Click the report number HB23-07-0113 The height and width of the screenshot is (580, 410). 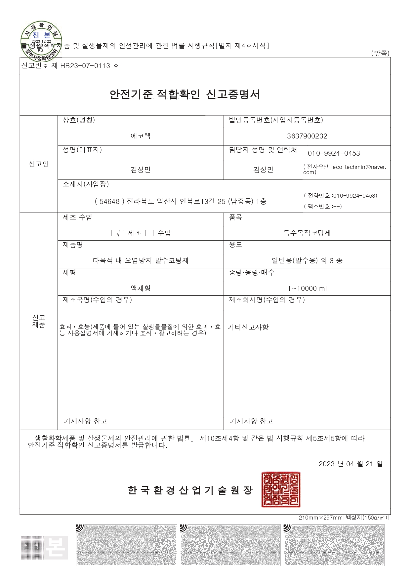pos(85,66)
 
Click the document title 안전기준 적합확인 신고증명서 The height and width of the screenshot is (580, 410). pos(185,95)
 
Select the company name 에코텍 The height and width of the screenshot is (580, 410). pos(141,136)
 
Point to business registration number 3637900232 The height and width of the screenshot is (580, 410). pos(307,136)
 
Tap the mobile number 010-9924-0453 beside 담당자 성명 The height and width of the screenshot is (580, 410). pos(334,153)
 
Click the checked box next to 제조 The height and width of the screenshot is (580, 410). pos(118,233)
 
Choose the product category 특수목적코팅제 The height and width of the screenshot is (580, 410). pos(307,233)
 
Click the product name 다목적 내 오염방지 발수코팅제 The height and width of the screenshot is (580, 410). pos(141,260)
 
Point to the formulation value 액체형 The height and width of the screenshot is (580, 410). pos(141,288)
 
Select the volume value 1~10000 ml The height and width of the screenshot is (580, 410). pos(307,289)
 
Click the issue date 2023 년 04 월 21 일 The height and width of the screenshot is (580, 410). pos(350,464)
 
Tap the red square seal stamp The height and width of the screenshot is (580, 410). pos(281,490)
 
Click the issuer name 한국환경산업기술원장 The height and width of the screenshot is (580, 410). pos(190,490)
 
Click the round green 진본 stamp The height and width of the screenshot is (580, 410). pos(41,41)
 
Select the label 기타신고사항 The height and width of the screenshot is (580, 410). pos(248,327)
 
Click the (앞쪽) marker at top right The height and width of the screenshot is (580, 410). pos(380,53)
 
